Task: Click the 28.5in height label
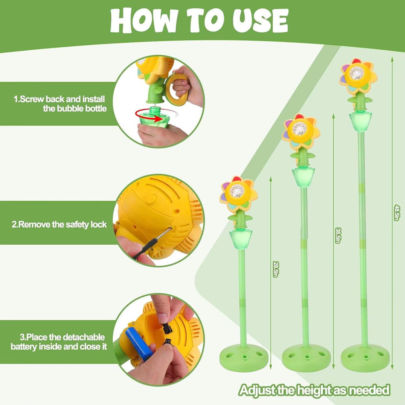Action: (x=275, y=269)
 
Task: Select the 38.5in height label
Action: (x=337, y=235)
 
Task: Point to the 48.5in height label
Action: (x=396, y=213)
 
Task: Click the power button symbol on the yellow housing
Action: (x=151, y=198)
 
